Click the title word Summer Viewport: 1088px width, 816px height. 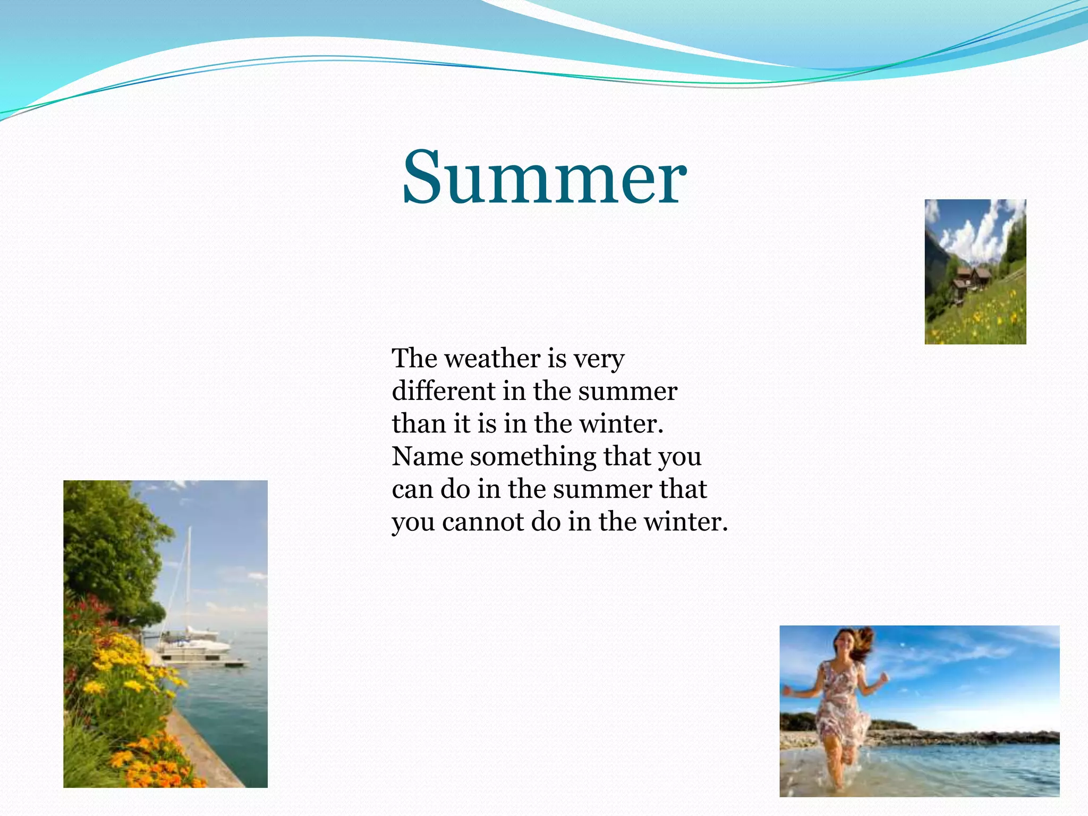click(544, 178)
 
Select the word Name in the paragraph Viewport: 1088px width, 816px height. click(427, 456)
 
